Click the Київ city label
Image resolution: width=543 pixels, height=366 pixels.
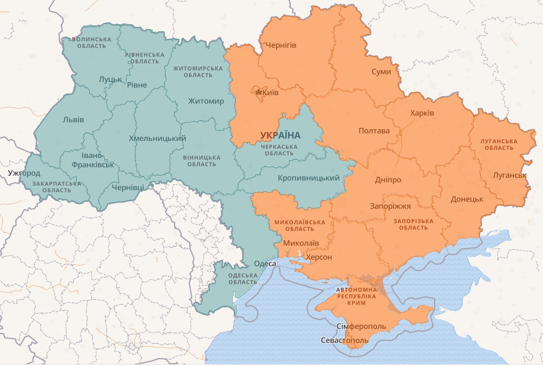tap(270, 93)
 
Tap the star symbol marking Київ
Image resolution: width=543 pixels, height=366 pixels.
tap(258, 92)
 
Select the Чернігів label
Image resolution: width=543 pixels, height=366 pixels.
tap(281, 45)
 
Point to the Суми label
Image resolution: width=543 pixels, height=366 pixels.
tap(381, 71)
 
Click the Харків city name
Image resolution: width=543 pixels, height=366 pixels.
tap(422, 113)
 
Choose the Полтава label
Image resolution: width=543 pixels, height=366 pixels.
tap(374, 131)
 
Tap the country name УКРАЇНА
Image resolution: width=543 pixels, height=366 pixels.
tap(280, 135)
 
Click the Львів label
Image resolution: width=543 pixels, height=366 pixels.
tap(73, 120)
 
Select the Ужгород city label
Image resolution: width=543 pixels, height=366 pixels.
tap(24, 173)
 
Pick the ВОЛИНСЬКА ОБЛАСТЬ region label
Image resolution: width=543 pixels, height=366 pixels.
tap(91, 42)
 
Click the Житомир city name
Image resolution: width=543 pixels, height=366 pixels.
tap(206, 101)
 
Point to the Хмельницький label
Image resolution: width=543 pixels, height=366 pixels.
tap(157, 138)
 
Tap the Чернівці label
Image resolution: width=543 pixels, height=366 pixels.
tap(128, 187)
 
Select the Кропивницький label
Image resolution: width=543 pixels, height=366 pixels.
tap(309, 178)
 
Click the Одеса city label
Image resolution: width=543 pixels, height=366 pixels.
tap(265, 264)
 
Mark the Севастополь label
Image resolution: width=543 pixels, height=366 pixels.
tap(345, 341)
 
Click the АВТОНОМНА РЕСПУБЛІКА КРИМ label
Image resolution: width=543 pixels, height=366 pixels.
tap(356, 296)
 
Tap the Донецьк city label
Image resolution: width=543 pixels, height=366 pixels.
tap(467, 199)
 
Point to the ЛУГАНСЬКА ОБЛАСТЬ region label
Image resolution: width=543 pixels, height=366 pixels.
tap(499, 145)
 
